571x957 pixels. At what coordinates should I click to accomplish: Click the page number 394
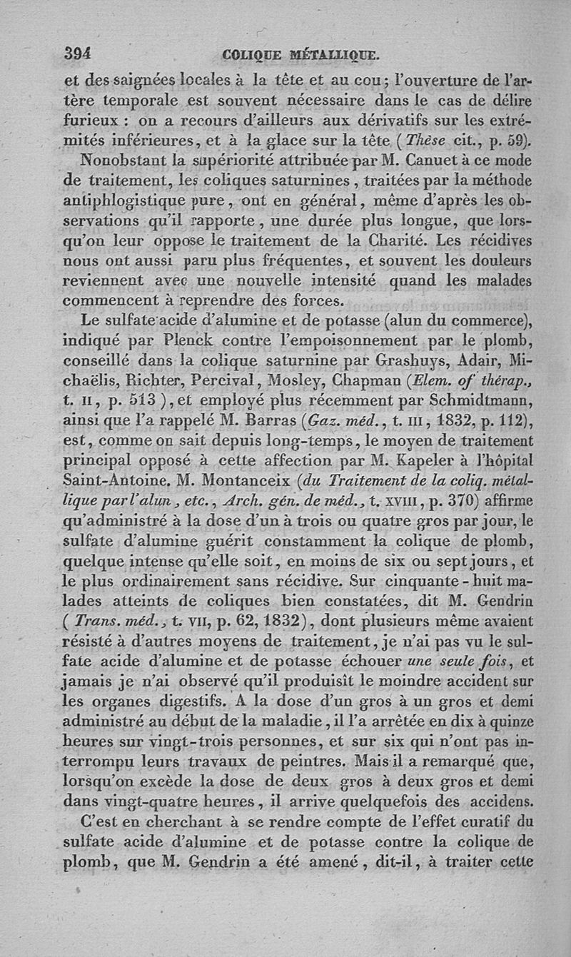[x=81, y=53]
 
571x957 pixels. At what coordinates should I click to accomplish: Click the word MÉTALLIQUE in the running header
[x=333, y=54]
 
